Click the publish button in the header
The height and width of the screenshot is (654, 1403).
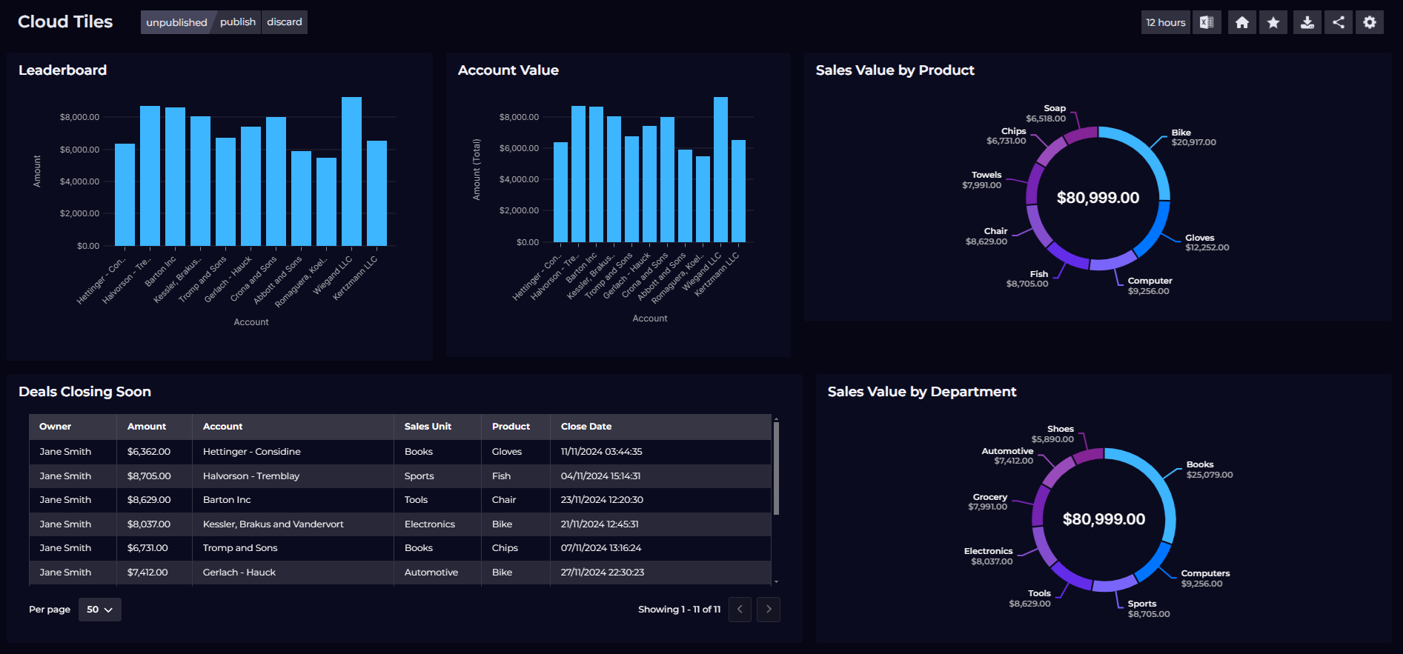[x=237, y=22]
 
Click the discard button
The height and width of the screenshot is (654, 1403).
[x=285, y=22]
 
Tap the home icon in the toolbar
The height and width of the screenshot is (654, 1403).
[x=1242, y=22]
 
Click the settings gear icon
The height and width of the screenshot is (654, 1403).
[x=1370, y=22]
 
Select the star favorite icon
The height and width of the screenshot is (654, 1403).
[x=1273, y=22]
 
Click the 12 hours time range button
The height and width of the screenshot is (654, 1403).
[x=1165, y=22]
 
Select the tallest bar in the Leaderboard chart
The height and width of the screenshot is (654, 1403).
[x=351, y=171]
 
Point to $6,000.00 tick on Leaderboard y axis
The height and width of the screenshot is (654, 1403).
[x=79, y=150]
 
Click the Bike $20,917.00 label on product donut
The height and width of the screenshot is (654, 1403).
[x=1193, y=138]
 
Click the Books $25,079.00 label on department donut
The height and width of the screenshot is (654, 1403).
[x=1209, y=470]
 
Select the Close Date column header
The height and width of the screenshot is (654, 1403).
[x=586, y=427]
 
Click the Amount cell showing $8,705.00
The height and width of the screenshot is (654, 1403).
[x=149, y=476]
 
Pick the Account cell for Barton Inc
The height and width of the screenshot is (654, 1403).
[x=227, y=500]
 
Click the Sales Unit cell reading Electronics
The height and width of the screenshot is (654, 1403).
[x=430, y=524]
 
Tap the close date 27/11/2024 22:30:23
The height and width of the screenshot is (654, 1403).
[x=602, y=573]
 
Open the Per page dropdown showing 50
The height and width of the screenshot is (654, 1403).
[x=99, y=610]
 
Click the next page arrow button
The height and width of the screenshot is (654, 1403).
[x=769, y=610]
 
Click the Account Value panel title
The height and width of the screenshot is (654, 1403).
[x=508, y=70]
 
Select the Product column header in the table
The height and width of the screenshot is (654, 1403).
[x=511, y=427]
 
